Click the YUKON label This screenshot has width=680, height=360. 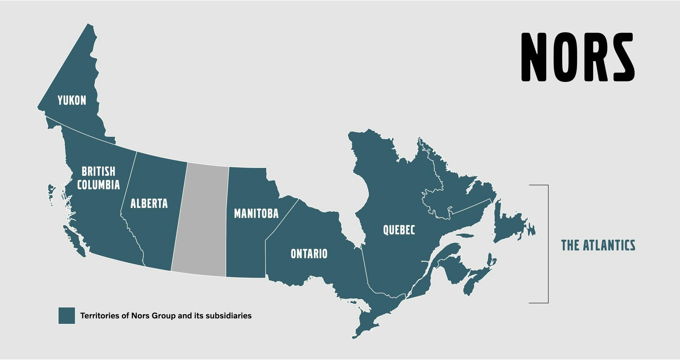(72, 100)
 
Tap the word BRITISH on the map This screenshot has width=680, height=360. (98, 172)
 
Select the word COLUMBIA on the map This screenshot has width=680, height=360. (98, 185)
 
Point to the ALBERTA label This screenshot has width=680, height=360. (149, 203)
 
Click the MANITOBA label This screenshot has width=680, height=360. (256, 214)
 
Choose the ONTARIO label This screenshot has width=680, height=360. (309, 254)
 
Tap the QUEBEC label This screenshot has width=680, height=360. (399, 230)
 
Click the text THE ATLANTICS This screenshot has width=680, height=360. (598, 246)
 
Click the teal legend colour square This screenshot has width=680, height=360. (67, 316)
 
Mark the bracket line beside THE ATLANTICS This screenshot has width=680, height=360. (548, 244)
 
